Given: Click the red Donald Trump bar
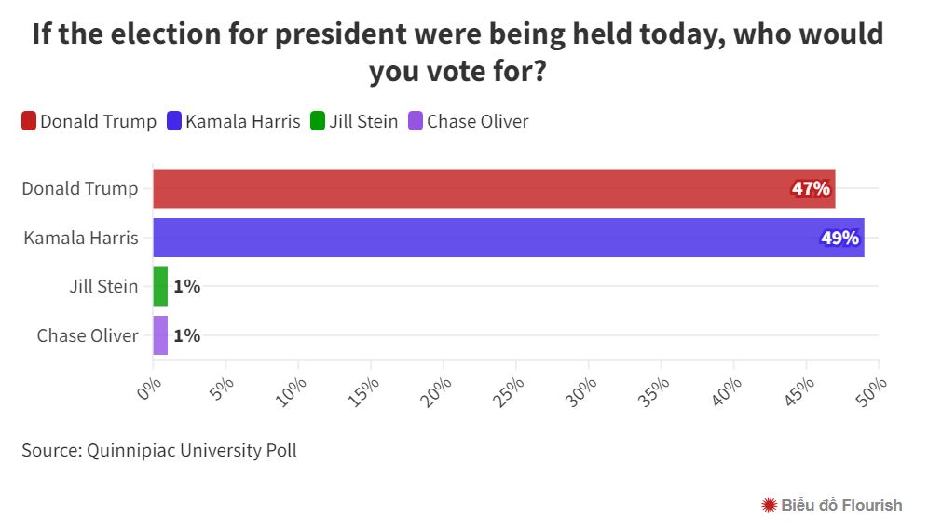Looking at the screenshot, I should coord(494,188).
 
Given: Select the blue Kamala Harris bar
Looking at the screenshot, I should coord(508,238).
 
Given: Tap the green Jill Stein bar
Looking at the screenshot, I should coord(160,286).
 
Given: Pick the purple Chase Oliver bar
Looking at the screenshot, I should coord(160,335).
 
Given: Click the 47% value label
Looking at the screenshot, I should coord(811,189).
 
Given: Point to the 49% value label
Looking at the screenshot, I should coord(839,239).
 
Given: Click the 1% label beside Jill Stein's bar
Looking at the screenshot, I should coord(187,287).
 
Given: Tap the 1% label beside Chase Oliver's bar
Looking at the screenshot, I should coord(187,336).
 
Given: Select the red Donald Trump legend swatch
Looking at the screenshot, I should coord(29,121).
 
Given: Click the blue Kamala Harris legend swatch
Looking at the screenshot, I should coord(174,121).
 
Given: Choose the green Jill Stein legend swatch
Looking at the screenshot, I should coord(318,121).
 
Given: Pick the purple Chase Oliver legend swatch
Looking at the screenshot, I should coord(416,121).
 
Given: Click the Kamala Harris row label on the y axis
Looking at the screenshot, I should coord(81,238).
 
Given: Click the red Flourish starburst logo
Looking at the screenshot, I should coord(770,505).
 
